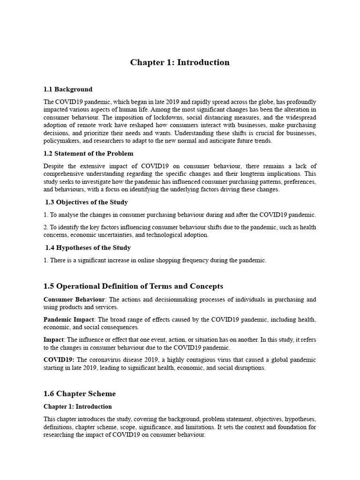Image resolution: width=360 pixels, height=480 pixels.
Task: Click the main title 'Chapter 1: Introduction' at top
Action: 180,62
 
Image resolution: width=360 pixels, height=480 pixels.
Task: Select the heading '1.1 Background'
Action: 67,89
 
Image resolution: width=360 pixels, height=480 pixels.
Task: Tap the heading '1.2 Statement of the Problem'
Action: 88,153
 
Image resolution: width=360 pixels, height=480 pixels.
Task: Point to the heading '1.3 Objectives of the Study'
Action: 86,202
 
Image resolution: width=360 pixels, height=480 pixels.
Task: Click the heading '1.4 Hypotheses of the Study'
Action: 88,247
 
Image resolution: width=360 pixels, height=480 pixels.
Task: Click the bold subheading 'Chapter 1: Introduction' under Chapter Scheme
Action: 78,406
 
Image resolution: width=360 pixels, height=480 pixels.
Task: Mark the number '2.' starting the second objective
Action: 46,227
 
